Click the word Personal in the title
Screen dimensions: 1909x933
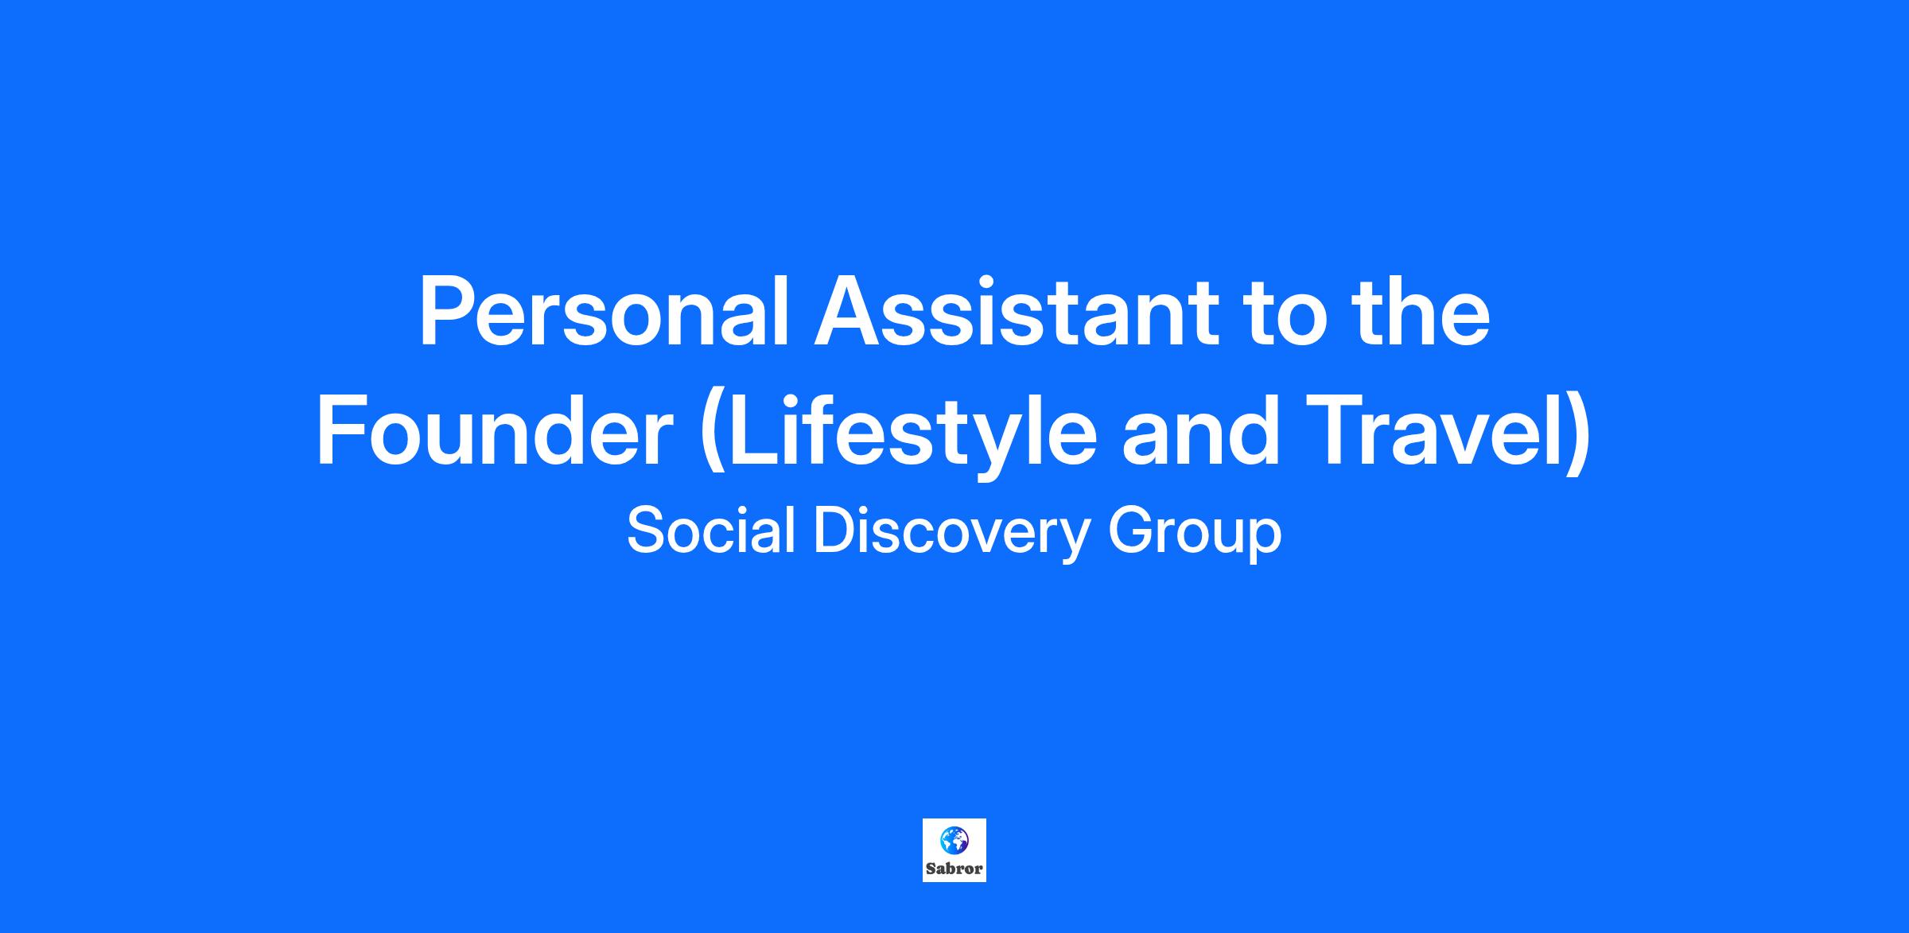tap(604, 312)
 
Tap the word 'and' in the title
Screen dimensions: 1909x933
tap(1201, 431)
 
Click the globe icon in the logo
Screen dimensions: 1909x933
tap(954, 840)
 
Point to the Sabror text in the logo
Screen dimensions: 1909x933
tap(954, 869)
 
